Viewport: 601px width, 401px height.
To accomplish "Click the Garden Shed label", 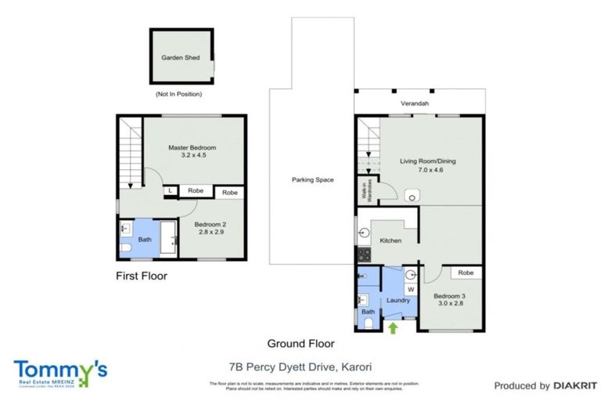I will point(181,58).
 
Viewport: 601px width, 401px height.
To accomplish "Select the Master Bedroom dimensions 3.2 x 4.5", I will point(192,156).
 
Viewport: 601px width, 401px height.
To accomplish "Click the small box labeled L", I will point(170,191).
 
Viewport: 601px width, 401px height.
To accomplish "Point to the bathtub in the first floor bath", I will point(168,237).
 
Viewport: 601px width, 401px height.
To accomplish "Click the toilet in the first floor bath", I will point(126,249).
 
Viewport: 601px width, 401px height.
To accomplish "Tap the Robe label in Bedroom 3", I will point(466,273).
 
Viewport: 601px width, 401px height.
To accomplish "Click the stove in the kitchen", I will point(363,255).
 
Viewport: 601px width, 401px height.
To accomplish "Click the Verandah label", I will point(415,103).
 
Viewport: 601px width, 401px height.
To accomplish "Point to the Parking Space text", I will point(312,180).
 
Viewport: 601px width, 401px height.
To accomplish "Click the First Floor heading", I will point(142,276).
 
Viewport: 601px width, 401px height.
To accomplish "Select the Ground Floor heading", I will point(300,343).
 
